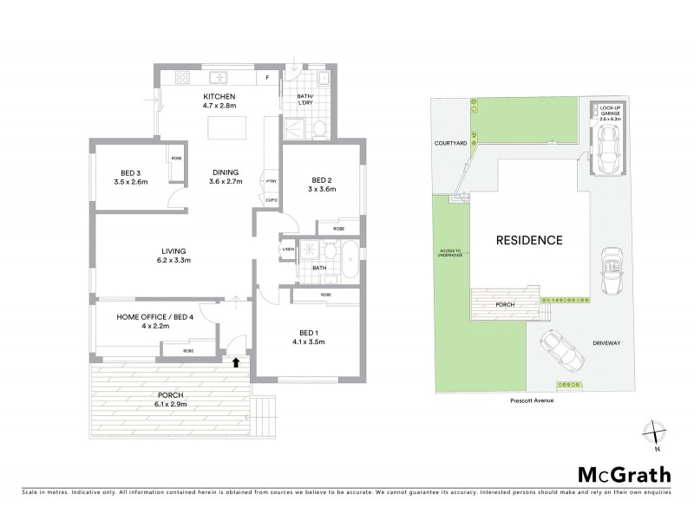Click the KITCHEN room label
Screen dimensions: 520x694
coord(219,96)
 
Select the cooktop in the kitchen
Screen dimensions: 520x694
coord(184,76)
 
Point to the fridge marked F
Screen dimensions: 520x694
coord(268,78)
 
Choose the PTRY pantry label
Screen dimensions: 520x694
coord(272,180)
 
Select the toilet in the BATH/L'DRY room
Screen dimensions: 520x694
coord(320,129)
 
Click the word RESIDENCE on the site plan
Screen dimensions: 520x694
coord(529,240)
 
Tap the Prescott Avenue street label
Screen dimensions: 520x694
coord(532,400)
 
